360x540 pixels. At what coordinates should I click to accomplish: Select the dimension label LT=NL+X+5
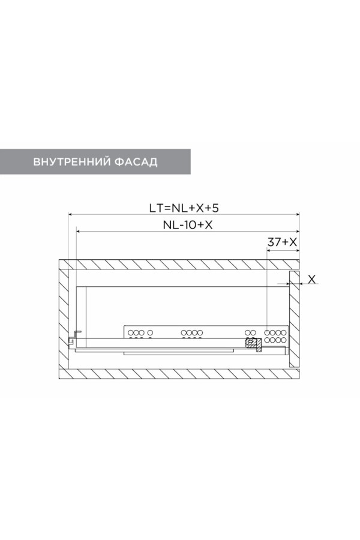[x=184, y=208]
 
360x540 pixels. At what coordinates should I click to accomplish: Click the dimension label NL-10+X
[x=188, y=225]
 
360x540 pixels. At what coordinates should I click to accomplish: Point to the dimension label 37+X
[x=282, y=242]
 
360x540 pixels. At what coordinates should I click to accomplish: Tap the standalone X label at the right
[x=311, y=279]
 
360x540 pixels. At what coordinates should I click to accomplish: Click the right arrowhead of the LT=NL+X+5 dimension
[x=297, y=215]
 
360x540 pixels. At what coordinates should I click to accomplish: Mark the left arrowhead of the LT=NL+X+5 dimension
[x=71, y=215]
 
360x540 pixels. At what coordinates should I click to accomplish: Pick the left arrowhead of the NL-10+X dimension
[x=79, y=232]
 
